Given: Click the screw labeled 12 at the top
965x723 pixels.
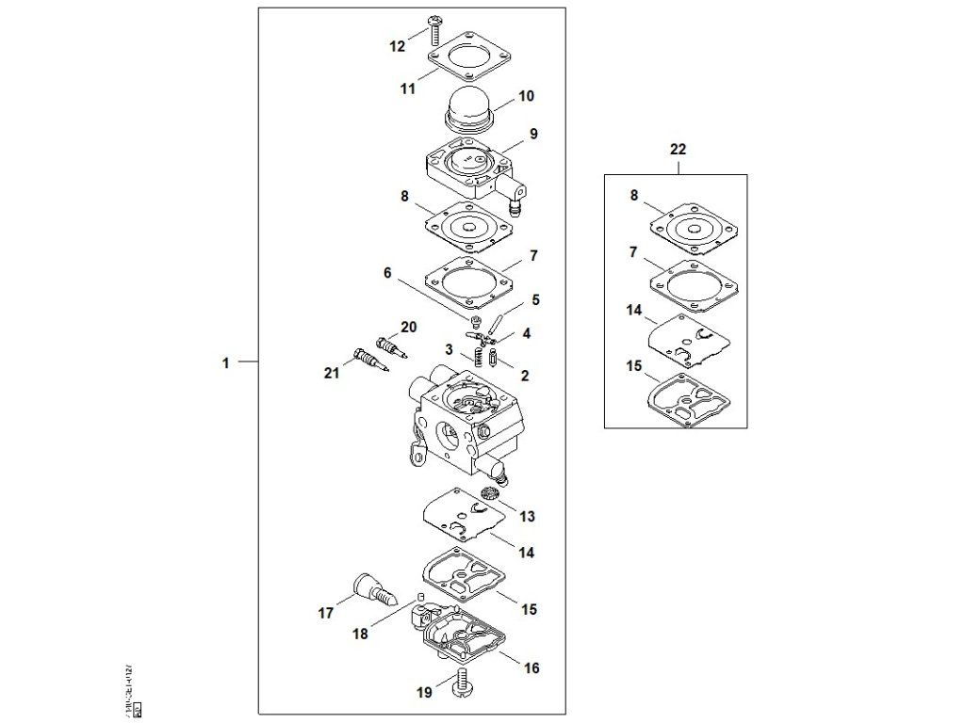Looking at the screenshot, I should [435, 29].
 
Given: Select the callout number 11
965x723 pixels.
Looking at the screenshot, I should [407, 89].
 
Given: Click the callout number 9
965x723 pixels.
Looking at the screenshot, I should [533, 134].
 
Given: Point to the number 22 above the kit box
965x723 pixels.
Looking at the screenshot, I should [678, 149].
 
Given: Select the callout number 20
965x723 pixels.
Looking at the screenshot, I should [408, 327].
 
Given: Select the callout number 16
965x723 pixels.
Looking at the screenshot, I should [532, 668].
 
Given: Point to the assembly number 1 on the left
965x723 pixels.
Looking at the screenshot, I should [225, 361].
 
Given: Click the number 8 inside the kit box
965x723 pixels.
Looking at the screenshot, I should [634, 196].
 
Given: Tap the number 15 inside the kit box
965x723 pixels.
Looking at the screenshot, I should [633, 363].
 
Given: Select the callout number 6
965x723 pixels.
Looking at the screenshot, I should [386, 273].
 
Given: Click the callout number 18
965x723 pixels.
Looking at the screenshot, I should [360, 634].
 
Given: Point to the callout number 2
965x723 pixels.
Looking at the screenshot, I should [524, 376].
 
